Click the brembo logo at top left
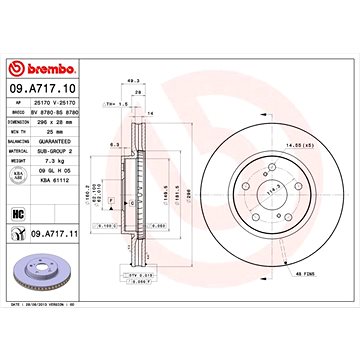42,69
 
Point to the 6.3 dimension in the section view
116,145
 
